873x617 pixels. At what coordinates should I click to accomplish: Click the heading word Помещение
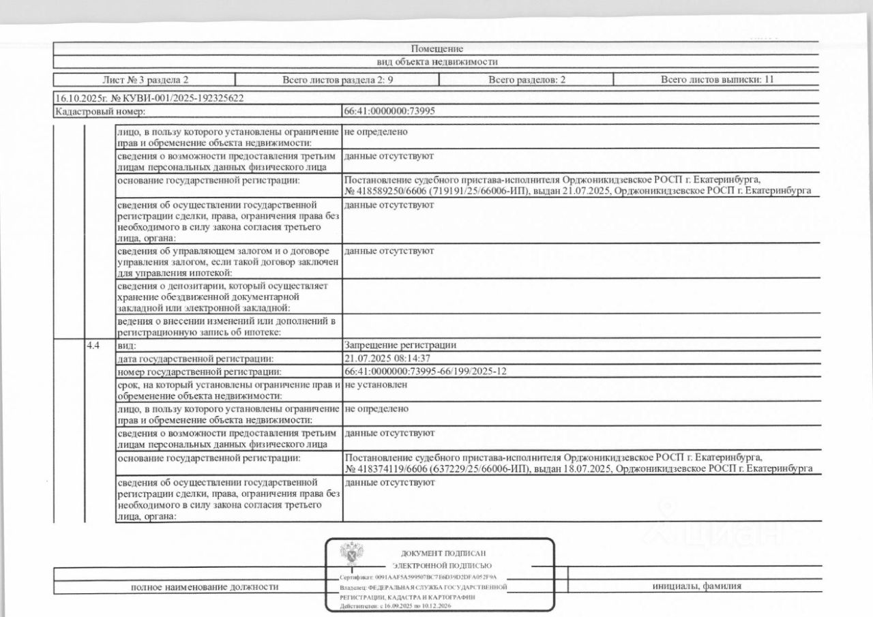coord(437,48)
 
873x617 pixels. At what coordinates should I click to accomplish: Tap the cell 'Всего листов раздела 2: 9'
coord(337,80)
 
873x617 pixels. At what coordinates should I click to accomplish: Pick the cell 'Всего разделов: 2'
coord(527,80)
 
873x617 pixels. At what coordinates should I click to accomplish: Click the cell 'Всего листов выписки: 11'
coord(717,80)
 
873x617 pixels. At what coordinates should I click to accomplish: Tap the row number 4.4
coord(93,345)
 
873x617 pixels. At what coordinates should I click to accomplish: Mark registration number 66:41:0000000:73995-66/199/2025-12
coord(426,371)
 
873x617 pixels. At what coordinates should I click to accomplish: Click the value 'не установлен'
coord(376,385)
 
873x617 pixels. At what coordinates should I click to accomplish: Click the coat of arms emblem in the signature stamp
coord(352,556)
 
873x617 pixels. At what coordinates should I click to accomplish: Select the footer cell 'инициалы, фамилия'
coord(696,586)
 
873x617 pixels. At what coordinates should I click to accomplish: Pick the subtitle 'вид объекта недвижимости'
coord(437,61)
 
